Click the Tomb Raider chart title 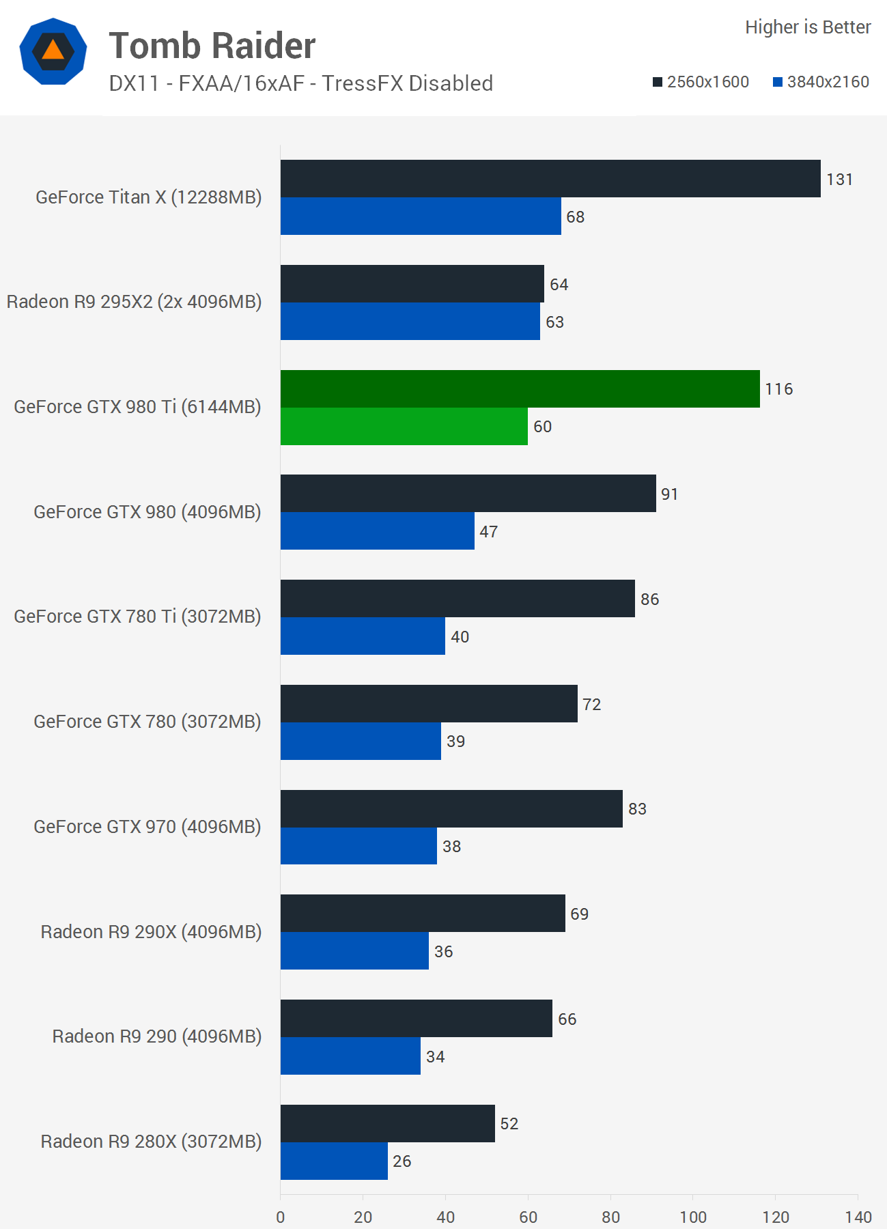(x=212, y=46)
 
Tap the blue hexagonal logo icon (x=53, y=51)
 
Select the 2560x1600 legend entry (x=701, y=82)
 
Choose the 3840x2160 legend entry (x=821, y=82)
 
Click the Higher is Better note (x=808, y=27)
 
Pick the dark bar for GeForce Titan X (x=550, y=179)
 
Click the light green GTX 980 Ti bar (x=404, y=426)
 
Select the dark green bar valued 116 (x=520, y=389)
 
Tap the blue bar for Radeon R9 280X (x=334, y=1161)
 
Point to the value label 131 (x=839, y=180)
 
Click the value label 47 (x=488, y=531)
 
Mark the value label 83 (x=637, y=809)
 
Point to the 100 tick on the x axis (x=693, y=1217)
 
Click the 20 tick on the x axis (x=363, y=1217)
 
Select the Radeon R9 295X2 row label (x=135, y=302)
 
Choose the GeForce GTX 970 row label (x=147, y=827)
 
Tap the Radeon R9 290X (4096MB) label (x=151, y=932)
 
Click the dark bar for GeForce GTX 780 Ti (x=457, y=599)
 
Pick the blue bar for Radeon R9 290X (x=354, y=950)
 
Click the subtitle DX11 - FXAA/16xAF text (x=300, y=83)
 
